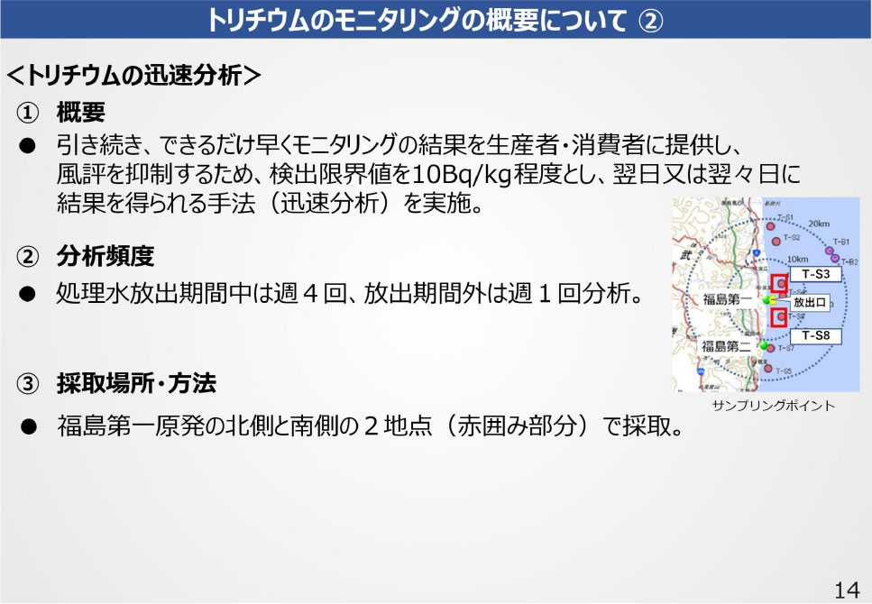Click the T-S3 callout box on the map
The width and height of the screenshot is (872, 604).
815,272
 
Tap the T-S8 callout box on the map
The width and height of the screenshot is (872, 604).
815,336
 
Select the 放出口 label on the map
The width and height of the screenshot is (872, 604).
809,302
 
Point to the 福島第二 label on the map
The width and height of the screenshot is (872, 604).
728,346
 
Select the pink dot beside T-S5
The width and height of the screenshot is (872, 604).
768,368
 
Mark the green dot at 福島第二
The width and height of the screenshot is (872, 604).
765,345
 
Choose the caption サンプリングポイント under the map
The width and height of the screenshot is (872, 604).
773,406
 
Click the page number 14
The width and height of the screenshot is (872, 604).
846,590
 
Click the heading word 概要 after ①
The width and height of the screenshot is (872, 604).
81,113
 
